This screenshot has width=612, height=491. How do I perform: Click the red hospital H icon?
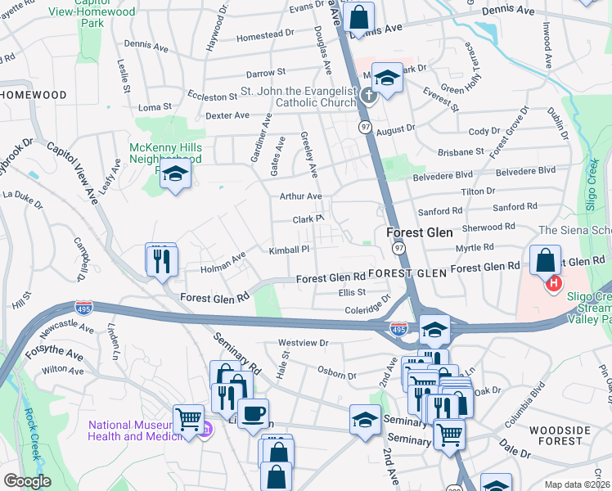click(x=554, y=284)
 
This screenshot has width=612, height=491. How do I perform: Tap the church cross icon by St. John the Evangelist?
click(x=368, y=97)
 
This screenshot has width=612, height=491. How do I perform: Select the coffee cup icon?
click(x=253, y=413)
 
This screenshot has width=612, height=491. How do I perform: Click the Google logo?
click(x=27, y=481)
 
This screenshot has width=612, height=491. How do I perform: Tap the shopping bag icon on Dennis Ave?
click(x=358, y=16)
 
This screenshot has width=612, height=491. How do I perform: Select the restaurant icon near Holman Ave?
click(x=161, y=261)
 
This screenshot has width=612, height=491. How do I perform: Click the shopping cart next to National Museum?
click(x=188, y=420)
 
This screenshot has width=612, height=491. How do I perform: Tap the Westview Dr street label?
click(x=303, y=343)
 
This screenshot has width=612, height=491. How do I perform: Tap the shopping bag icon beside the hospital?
click(x=544, y=259)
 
